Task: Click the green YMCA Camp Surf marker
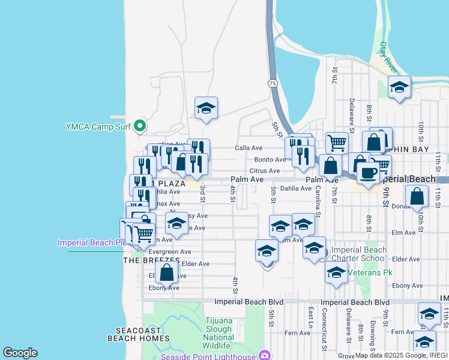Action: [x=140, y=126]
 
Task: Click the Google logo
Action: [x=20, y=352]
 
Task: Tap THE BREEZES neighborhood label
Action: [x=151, y=260]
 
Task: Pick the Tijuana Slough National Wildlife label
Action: [x=218, y=333]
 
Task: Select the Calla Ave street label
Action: [x=249, y=148]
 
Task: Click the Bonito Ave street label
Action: [x=270, y=160]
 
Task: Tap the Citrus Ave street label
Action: [x=266, y=171]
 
